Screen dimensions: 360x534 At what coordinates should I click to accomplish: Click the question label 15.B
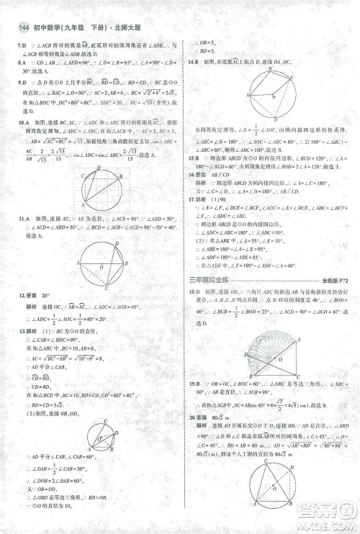[193, 157]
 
